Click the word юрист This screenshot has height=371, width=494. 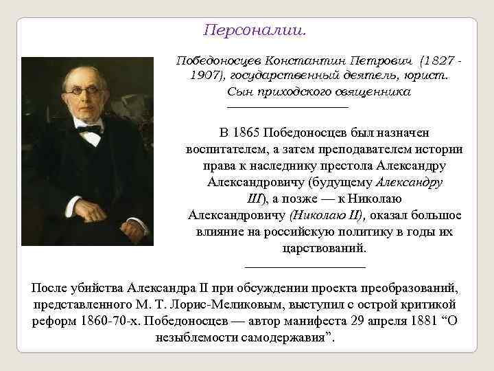coord(427,75)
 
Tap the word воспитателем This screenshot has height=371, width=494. coord(227,149)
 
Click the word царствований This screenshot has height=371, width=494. coord(323,248)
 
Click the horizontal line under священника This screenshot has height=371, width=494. coord(287,106)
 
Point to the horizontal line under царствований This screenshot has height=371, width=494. coord(305,266)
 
